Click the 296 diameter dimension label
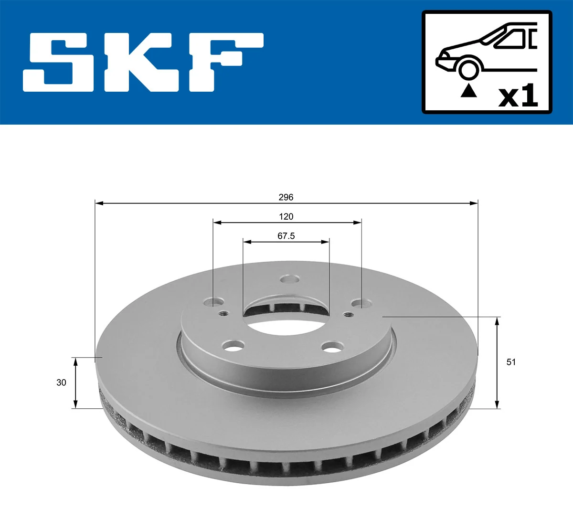286,197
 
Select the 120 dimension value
286,217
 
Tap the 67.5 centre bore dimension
286,236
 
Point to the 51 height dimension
511,362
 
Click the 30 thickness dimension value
61,382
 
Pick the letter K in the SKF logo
138,62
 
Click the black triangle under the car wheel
468,91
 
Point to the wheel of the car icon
468,68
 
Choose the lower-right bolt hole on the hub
333,347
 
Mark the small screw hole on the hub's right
349,314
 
